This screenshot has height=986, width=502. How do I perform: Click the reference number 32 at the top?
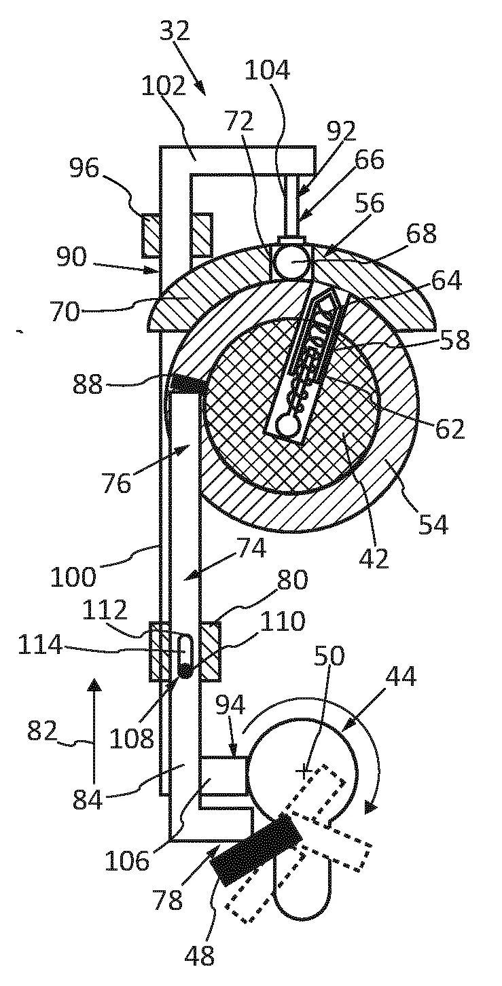tap(175, 31)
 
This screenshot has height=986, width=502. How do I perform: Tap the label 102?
tap(163, 86)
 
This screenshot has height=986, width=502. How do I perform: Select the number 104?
tap(267, 70)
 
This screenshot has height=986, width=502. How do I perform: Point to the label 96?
tap(84, 168)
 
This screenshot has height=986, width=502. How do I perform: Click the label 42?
tap(374, 559)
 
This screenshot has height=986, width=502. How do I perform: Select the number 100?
tap(73, 577)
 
